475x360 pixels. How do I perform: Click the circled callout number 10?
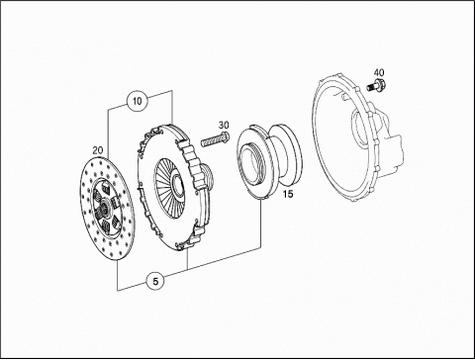137,100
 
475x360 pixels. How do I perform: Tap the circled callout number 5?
155,281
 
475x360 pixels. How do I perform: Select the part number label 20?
98,150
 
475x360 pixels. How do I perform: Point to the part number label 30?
224,126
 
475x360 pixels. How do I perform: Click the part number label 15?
288,194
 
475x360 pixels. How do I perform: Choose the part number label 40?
379,72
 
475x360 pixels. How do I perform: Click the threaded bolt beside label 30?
215,139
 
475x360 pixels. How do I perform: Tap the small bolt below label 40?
376,85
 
